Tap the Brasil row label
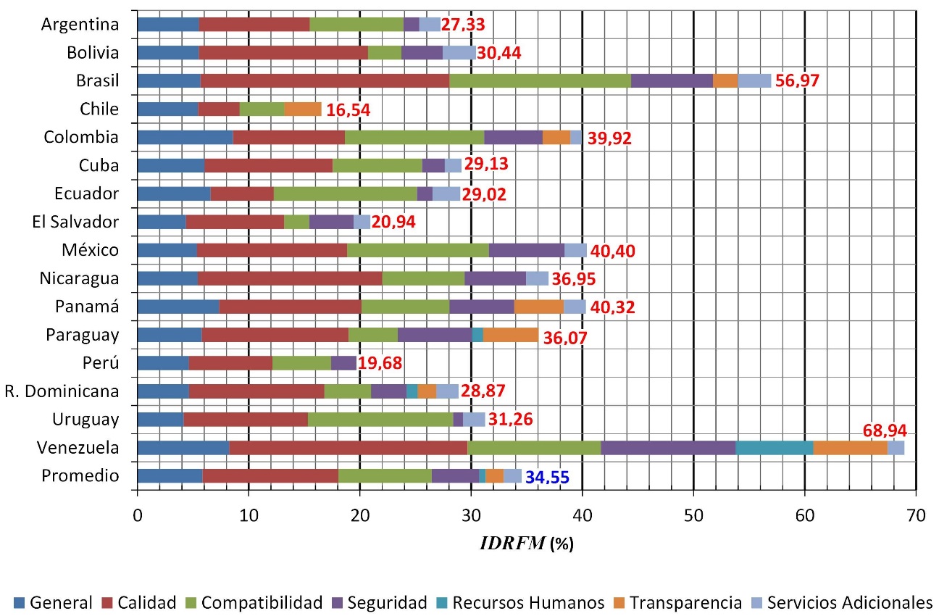click(x=97, y=80)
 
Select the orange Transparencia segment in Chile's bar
click(x=303, y=109)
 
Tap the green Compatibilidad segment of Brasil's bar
click(x=540, y=80)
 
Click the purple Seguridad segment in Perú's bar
click(x=343, y=363)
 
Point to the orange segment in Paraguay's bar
click(x=510, y=335)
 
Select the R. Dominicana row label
click(x=70, y=391)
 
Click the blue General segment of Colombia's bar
click(x=185, y=137)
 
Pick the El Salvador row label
click(x=76, y=222)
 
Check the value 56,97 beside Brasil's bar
click(x=797, y=81)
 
